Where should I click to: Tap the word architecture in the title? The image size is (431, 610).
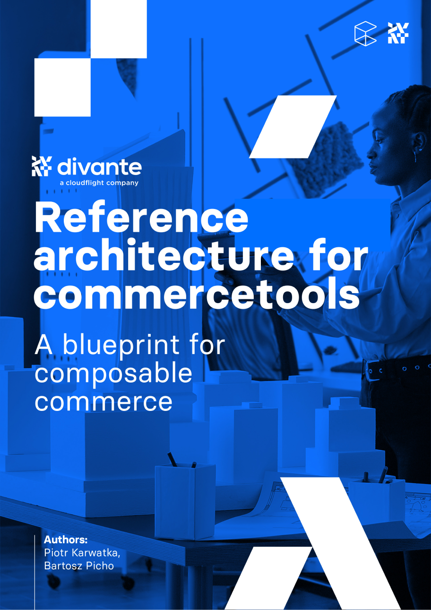tap(164, 254)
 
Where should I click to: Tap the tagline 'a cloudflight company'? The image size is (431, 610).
tap(99, 183)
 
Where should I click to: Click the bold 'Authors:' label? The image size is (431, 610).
tap(66, 540)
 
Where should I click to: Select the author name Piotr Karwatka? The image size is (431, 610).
tap(82, 552)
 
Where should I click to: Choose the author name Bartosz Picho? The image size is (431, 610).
tap(79, 566)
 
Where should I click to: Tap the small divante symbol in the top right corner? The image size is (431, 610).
tap(398, 33)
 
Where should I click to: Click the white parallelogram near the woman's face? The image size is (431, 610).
tap(293, 127)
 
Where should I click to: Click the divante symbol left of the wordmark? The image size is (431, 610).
tap(42, 166)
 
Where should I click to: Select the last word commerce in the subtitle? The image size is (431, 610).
tap(103, 402)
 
